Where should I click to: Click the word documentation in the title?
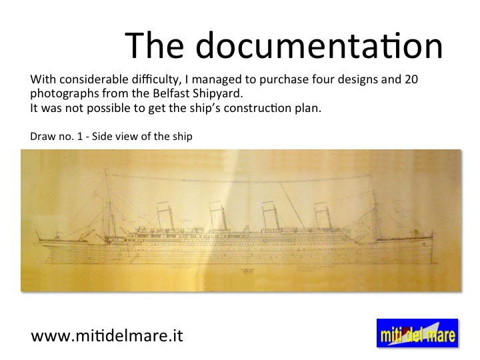[319, 45]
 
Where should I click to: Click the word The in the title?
[154, 45]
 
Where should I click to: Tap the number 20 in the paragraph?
[411, 79]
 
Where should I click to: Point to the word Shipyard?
[217, 94]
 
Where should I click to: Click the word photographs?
[64, 94]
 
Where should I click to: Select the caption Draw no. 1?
[56, 136]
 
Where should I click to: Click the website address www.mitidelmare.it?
[107, 335]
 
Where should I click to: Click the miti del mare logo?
[417, 333]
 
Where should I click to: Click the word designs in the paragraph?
[358, 80]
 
